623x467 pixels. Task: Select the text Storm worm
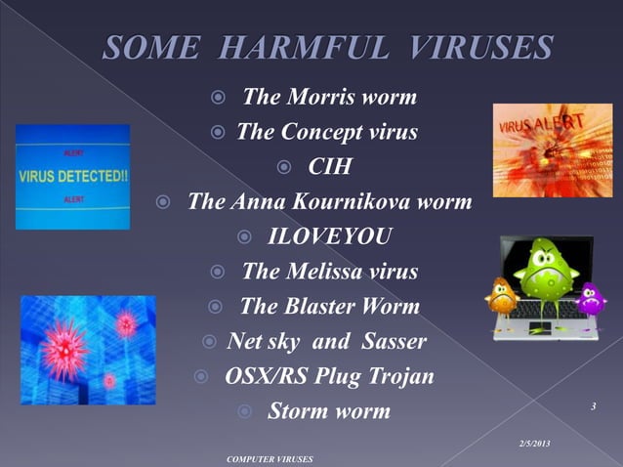[x=328, y=411]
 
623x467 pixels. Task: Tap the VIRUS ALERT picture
[x=538, y=149]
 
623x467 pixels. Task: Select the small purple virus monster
[x=590, y=299]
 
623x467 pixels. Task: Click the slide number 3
[x=593, y=403]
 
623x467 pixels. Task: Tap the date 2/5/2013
[x=533, y=445]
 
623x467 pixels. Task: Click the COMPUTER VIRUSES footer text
[x=269, y=458]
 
